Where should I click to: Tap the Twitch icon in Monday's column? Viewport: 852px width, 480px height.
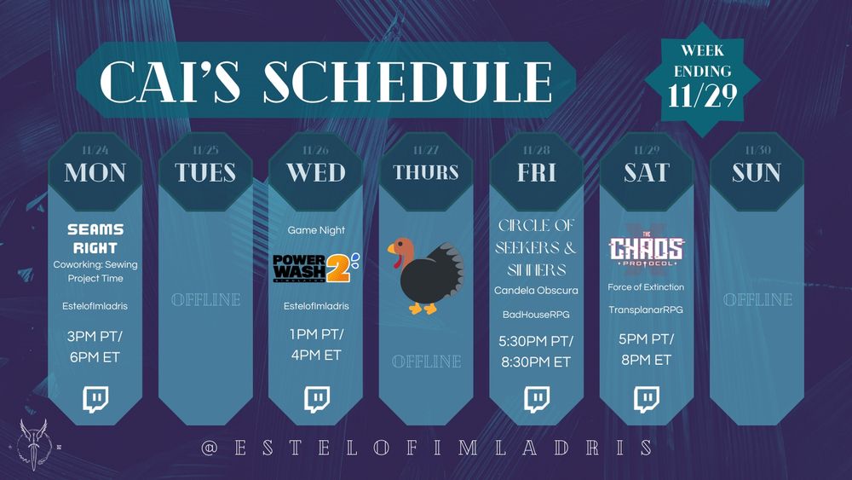[95, 398]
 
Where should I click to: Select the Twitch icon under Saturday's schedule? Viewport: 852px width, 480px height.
[646, 398]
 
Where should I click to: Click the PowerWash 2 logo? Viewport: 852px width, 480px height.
[315, 266]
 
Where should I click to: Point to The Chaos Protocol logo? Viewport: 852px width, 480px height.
[646, 247]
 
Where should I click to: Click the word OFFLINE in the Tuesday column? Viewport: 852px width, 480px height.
[205, 300]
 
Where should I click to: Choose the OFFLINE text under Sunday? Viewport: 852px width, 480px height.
[757, 300]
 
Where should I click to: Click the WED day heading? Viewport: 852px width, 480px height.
[315, 172]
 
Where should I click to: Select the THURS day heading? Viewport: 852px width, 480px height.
[426, 172]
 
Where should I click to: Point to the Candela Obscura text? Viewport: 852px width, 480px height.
[536, 291]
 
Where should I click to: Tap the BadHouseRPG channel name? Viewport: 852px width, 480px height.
[536, 315]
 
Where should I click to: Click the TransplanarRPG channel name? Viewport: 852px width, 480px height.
[646, 309]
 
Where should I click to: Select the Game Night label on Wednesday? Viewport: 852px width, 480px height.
[315, 230]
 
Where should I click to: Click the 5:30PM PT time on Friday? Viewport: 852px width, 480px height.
[536, 341]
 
